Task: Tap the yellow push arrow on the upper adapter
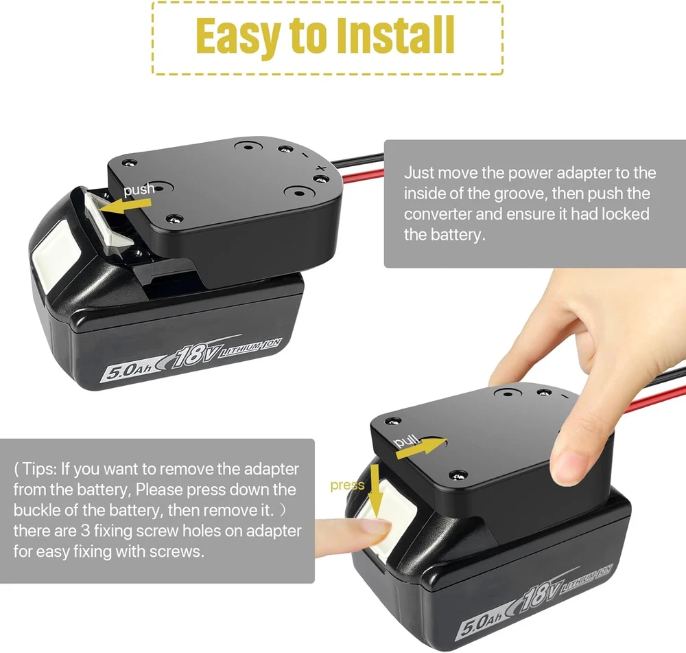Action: click(125, 206)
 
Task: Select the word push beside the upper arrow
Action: click(139, 190)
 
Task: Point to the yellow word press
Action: click(347, 485)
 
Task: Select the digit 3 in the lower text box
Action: click(85, 531)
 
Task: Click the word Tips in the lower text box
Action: click(39, 468)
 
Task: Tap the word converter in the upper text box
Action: click(438, 214)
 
